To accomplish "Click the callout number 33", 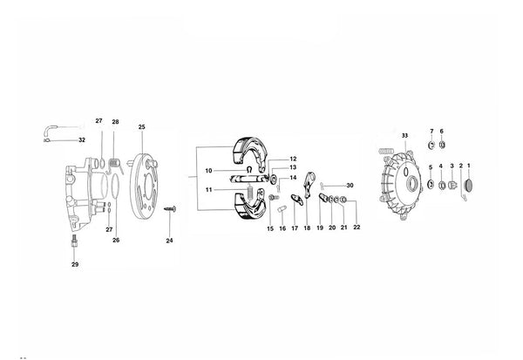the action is pyautogui.click(x=404, y=136).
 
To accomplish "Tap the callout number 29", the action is pyautogui.click(x=75, y=265).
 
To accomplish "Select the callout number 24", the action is pyautogui.click(x=169, y=241).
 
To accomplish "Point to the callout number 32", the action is pyautogui.click(x=82, y=140).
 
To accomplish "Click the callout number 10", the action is pyautogui.click(x=208, y=171).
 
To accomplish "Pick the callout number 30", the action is pyautogui.click(x=350, y=186).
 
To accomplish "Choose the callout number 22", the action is pyautogui.click(x=357, y=228).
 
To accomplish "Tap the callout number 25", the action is pyautogui.click(x=142, y=127).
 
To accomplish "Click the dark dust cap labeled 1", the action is pyautogui.click(x=469, y=185).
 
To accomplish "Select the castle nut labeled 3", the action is pyautogui.click(x=452, y=185).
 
